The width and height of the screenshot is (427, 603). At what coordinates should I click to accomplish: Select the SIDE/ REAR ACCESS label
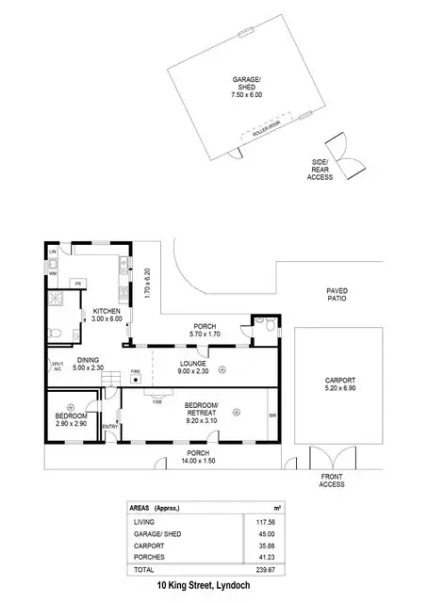click(x=320, y=169)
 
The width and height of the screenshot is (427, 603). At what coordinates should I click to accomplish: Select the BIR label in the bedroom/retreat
click(x=271, y=415)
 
